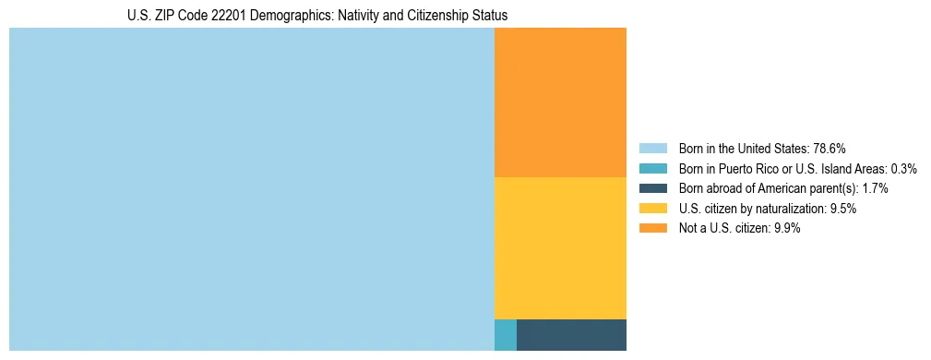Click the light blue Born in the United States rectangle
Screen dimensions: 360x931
pyautogui.click(x=251, y=189)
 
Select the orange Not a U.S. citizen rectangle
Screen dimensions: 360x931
pyautogui.click(x=560, y=102)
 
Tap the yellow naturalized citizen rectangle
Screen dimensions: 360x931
pyautogui.click(x=560, y=247)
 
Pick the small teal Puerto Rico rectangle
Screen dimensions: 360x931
pyautogui.click(x=505, y=335)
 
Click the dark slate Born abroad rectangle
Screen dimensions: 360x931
pyautogui.click(x=571, y=335)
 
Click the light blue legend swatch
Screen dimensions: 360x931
pyautogui.click(x=652, y=148)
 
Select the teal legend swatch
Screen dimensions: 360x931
pyautogui.click(x=652, y=168)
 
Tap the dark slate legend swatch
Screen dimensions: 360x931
pyautogui.click(x=652, y=188)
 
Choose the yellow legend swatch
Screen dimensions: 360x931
pyautogui.click(x=652, y=209)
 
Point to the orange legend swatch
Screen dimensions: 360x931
pyautogui.click(x=652, y=229)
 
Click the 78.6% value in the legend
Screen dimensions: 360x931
pyautogui.click(x=830, y=148)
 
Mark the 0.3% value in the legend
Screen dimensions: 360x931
pyautogui.click(x=904, y=168)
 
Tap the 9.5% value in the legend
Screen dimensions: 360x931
pyautogui.click(x=843, y=209)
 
